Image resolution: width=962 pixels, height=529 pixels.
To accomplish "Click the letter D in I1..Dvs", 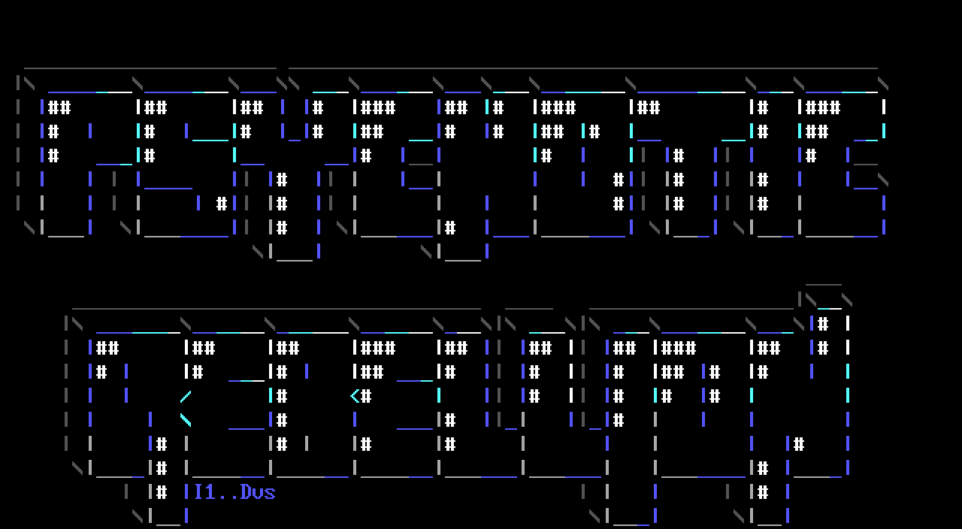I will click(247, 492).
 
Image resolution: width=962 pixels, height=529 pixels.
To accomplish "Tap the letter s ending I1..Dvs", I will click(271, 493).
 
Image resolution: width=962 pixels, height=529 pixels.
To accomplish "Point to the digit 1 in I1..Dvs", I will click(210, 492).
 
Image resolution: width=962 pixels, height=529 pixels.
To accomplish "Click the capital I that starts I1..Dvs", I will click(198, 492).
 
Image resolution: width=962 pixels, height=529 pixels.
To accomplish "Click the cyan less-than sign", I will click(355, 396).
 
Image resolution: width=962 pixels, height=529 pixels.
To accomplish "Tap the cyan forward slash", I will click(186, 396).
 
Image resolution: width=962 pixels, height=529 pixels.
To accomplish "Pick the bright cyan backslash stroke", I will click(186, 420).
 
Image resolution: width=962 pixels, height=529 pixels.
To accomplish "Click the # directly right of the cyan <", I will click(366, 396).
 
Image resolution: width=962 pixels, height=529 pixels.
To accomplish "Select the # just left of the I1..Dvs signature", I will click(162, 492).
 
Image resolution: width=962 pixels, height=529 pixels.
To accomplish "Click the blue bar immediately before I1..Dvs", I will click(186, 492).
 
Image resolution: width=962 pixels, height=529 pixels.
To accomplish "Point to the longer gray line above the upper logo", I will click(582, 68).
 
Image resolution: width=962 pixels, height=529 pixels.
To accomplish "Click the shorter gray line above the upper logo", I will click(150, 68).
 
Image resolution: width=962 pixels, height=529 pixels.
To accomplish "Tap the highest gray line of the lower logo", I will click(823, 285).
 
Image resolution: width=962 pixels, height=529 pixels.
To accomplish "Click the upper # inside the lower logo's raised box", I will click(823, 324).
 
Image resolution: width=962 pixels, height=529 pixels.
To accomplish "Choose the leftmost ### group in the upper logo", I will click(378, 107).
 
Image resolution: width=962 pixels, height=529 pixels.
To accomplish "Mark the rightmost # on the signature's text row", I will click(763, 492).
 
